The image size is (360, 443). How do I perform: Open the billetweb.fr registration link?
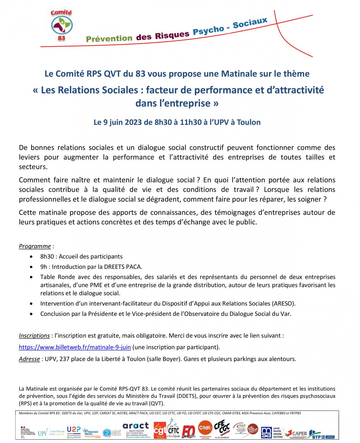(75, 347)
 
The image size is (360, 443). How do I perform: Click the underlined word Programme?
(35, 246)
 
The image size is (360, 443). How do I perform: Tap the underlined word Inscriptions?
(34, 336)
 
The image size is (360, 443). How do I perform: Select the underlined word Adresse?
(29, 359)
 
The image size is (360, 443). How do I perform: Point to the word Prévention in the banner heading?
(109, 39)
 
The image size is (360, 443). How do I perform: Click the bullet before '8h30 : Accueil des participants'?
(31, 257)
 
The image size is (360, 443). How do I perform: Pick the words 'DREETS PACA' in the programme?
(126, 267)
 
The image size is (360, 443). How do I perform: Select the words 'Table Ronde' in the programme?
(55, 277)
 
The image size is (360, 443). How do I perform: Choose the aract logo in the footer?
(136, 430)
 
